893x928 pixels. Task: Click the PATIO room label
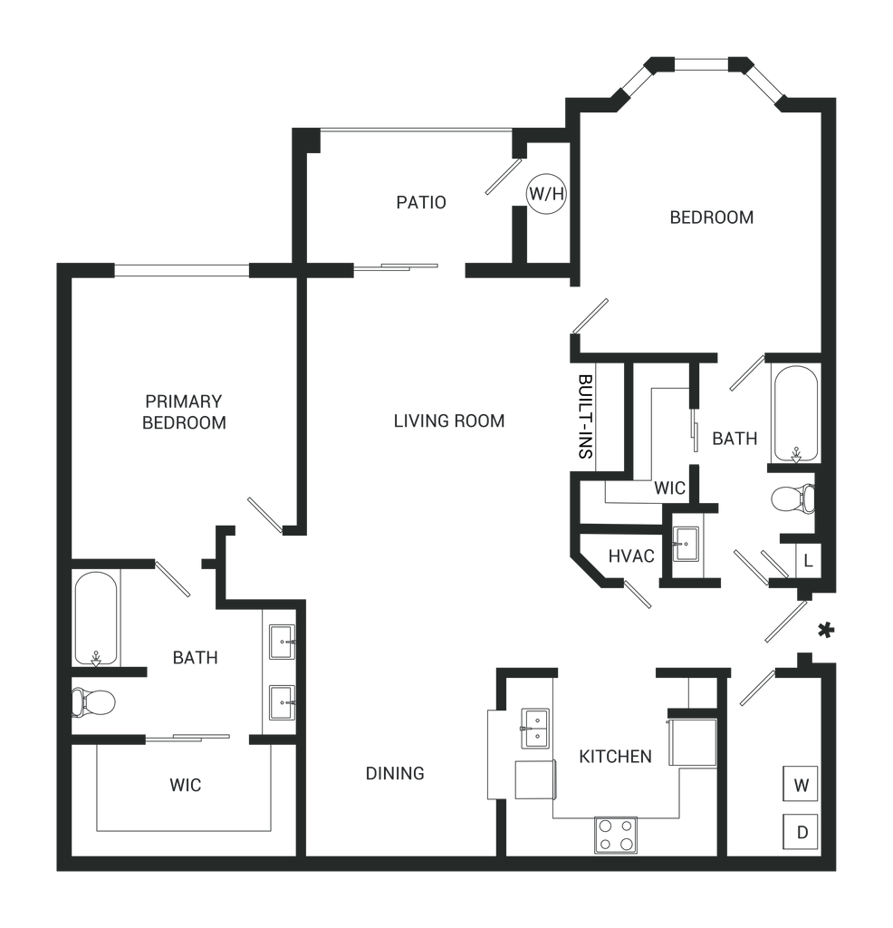coord(421,202)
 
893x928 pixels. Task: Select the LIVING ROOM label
coord(448,420)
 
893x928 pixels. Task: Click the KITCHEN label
coord(616,756)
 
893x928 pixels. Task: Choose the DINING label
coord(395,774)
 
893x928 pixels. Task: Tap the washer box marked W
coord(801,784)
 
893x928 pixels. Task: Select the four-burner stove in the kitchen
coord(616,835)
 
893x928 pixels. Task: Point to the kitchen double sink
coord(536,730)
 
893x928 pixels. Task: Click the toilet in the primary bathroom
coord(96,701)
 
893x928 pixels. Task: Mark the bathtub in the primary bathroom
coord(94,616)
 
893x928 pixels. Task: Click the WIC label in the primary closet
coord(185,785)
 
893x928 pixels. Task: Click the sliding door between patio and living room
coord(398,266)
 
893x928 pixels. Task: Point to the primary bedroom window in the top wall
coord(181,269)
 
